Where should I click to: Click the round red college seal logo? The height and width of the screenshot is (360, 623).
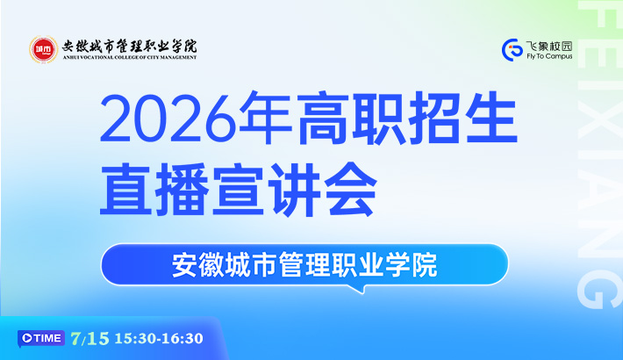click(x=44, y=49)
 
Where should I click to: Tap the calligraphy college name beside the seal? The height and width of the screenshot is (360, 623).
click(x=130, y=47)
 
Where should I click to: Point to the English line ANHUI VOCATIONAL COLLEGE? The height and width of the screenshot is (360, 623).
click(x=130, y=57)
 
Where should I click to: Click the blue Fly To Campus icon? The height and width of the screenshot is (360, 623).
click(x=512, y=50)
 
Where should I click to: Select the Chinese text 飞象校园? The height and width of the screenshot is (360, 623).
click(x=549, y=47)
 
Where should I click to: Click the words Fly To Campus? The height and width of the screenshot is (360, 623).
click(x=549, y=56)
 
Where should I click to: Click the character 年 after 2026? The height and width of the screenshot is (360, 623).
click(x=265, y=119)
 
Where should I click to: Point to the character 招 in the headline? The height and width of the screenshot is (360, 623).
click(x=434, y=119)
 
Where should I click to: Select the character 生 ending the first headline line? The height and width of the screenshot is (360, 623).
click(x=491, y=119)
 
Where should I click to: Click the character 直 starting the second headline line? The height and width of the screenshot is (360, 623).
click(x=125, y=189)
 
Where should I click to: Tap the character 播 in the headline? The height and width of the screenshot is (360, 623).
click(x=183, y=190)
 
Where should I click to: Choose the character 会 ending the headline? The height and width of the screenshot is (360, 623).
click(x=350, y=189)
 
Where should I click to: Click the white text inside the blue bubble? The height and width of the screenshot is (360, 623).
click(x=304, y=264)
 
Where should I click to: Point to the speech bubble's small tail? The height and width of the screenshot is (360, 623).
click(x=359, y=289)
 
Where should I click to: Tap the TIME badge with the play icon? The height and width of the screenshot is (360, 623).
click(x=41, y=339)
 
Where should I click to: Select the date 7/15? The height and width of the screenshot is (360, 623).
click(x=90, y=339)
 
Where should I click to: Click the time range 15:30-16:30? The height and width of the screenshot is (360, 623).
click(x=159, y=339)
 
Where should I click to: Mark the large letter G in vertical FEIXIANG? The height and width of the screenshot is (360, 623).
click(x=599, y=288)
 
